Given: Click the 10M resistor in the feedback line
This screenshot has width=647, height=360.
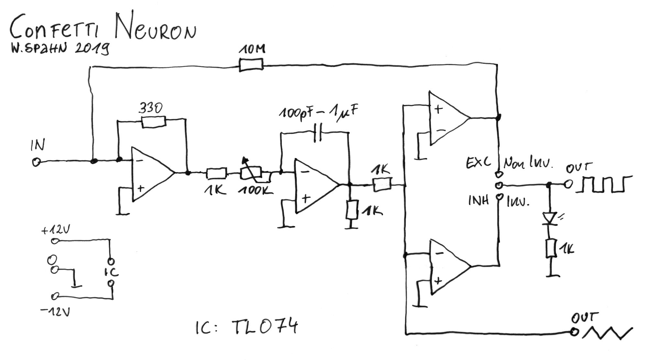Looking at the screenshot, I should pyautogui.click(x=251, y=65).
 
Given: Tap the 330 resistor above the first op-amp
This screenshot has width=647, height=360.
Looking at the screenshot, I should pyautogui.click(x=154, y=122).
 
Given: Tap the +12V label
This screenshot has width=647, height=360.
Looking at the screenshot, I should pyautogui.click(x=56, y=231).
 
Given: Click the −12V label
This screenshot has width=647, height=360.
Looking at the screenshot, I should pyautogui.click(x=56, y=312).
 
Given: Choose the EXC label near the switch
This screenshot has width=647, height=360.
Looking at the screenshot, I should pyautogui.click(x=478, y=162).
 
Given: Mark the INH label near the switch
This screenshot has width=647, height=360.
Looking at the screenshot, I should pyautogui.click(x=478, y=201).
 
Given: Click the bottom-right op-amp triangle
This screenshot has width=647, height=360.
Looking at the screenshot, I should pyautogui.click(x=448, y=267).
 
